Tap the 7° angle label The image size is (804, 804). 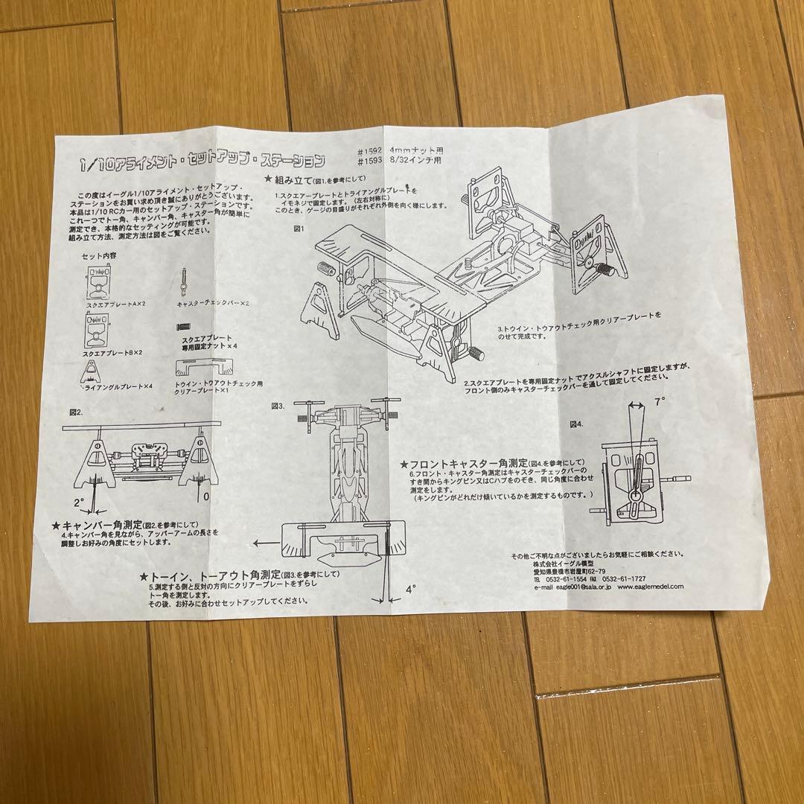pyautogui.click(x=659, y=401)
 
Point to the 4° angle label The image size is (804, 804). pyautogui.click(x=410, y=588)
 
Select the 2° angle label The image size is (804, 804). pyautogui.click(x=79, y=502)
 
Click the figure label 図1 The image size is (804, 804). pyautogui.click(x=300, y=229)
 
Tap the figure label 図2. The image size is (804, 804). pyautogui.click(x=75, y=411)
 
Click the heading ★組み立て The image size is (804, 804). pyautogui.click(x=287, y=179)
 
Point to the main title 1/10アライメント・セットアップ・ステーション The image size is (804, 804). pyautogui.click(x=203, y=162)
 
